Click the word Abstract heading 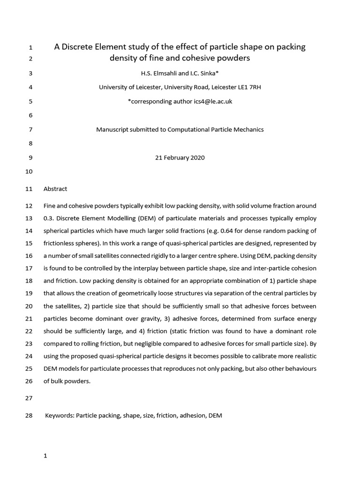tap(55, 189)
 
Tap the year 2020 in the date tap(197, 158)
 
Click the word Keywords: tap(60, 415)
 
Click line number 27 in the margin tap(29, 398)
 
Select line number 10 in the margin tap(29, 172)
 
